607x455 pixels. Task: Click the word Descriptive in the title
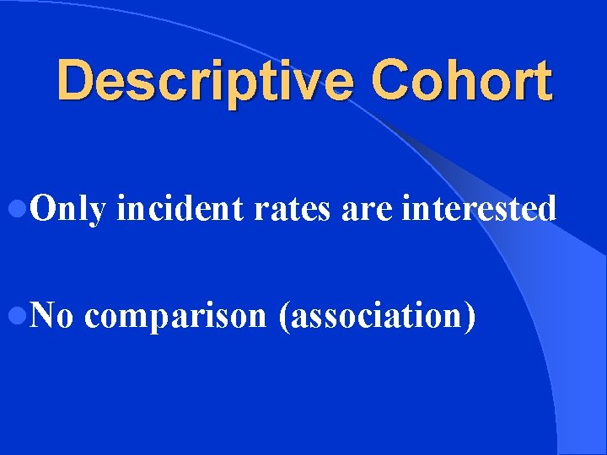click(x=207, y=82)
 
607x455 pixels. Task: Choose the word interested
click(x=479, y=208)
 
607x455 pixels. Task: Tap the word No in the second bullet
click(x=54, y=316)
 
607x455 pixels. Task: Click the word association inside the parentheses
click(x=375, y=316)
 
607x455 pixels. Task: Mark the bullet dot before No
click(x=23, y=317)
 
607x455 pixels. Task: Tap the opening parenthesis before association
click(x=282, y=317)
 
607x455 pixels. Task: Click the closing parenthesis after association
click(x=468, y=317)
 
